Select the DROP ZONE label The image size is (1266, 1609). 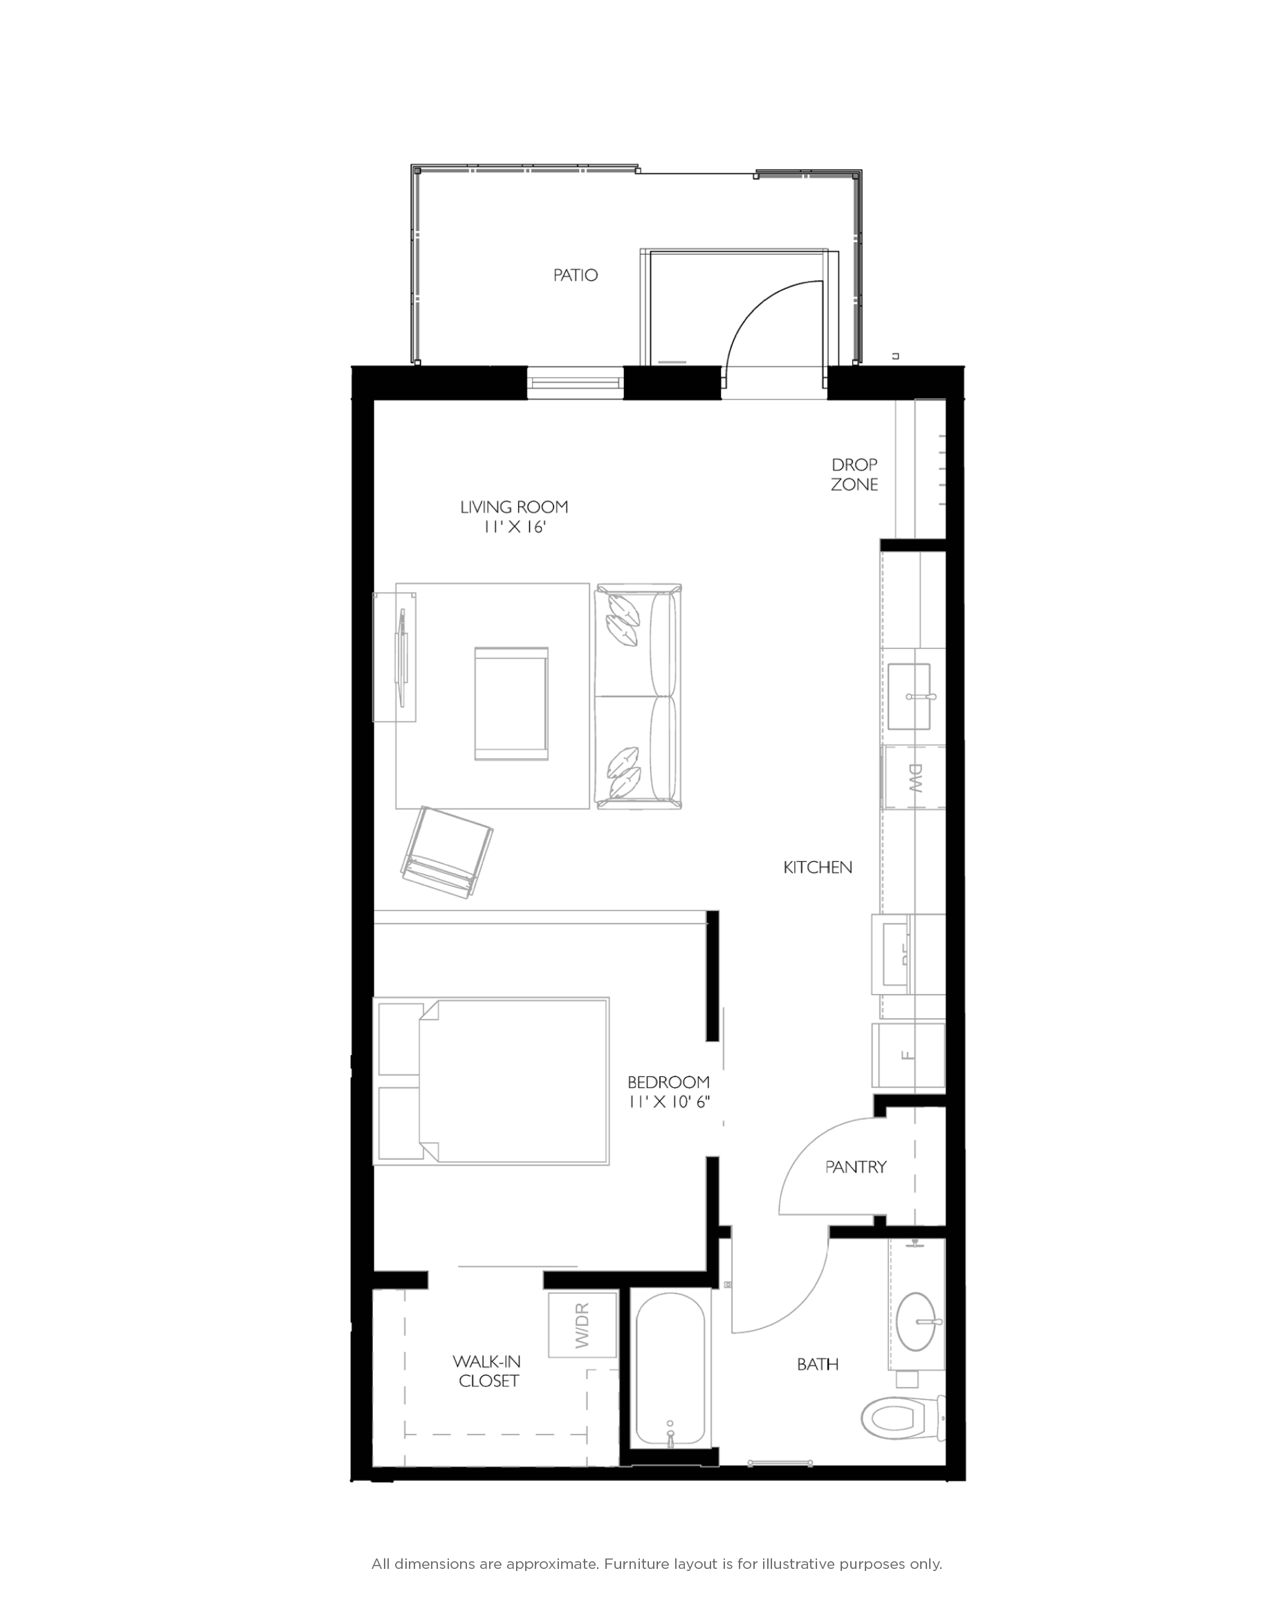854,475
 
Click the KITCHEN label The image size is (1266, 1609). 818,867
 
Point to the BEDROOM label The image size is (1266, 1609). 668,1083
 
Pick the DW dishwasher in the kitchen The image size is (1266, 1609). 913,778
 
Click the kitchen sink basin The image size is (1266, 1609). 909,696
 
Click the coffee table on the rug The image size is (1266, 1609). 511,704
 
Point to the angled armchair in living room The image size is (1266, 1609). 448,852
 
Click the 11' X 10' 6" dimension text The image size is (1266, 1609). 668,1102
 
